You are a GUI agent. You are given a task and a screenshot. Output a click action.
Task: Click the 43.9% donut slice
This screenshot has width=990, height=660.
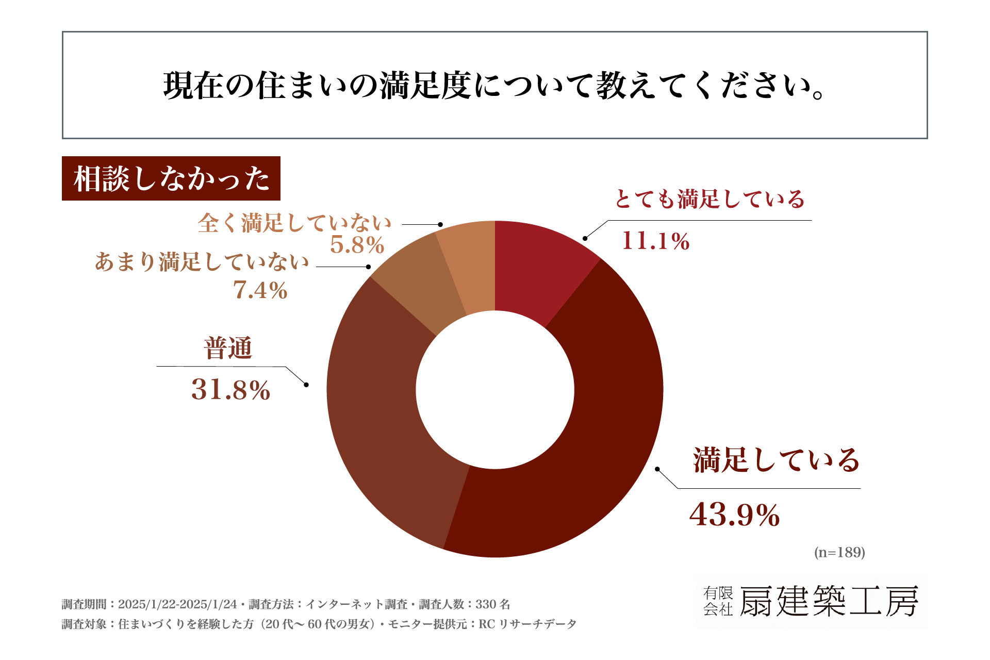tap(593, 464)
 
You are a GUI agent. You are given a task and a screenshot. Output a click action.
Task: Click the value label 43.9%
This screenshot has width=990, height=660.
tap(734, 515)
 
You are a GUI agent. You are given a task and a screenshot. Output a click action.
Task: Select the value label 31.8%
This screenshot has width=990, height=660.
tap(230, 390)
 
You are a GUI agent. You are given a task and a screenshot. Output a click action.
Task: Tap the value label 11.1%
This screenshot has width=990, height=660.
tap(655, 241)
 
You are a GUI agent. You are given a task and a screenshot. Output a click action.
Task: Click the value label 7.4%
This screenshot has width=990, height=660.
tap(260, 290)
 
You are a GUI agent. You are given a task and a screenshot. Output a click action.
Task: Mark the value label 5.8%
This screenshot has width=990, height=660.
tap(357, 245)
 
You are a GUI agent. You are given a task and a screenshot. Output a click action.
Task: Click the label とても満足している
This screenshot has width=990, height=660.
tap(709, 200)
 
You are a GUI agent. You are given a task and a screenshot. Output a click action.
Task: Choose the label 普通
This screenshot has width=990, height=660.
tap(228, 348)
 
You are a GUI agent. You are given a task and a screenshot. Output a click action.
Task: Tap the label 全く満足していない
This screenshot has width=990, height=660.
tap(294, 223)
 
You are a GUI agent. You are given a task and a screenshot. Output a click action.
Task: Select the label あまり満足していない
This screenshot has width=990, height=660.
tap(202, 262)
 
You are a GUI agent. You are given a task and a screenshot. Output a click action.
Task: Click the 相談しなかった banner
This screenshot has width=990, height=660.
tap(171, 178)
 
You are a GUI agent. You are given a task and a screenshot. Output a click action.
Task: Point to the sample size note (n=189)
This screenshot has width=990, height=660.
tap(839, 553)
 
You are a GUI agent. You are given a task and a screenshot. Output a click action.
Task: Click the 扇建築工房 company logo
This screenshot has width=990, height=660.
tap(812, 601)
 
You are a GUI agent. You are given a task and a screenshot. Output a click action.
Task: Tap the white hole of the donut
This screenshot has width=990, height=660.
tap(495, 390)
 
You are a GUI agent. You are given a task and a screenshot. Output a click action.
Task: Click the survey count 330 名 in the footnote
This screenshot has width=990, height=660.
tap(492, 604)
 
